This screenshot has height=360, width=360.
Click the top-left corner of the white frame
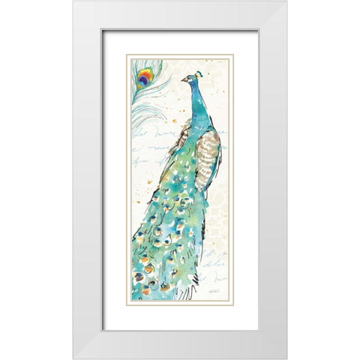point(73,1)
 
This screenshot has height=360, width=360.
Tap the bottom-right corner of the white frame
point(286,358)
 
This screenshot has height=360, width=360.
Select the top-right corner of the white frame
point(286,1)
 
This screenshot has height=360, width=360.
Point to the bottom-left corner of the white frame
point(73,358)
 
